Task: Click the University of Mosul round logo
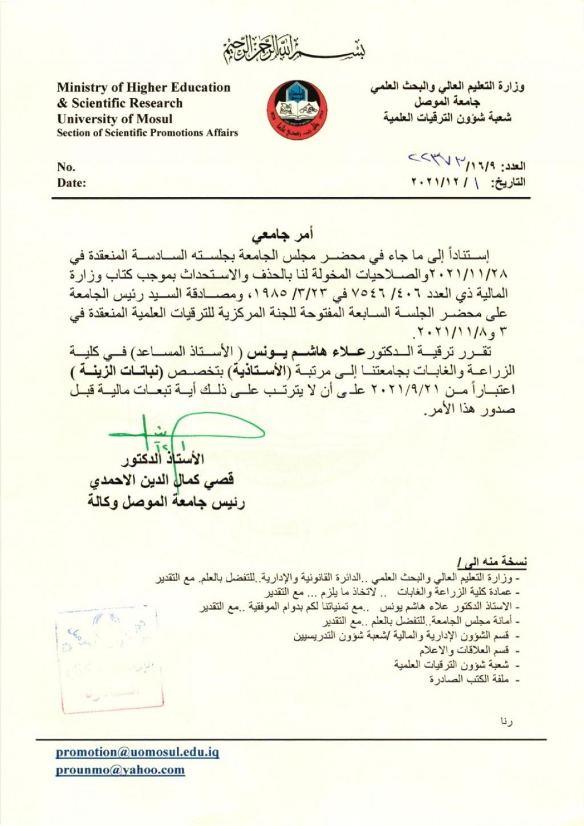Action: coord(297,111)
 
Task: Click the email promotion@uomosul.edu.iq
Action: coord(137,752)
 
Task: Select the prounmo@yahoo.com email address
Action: coord(120,770)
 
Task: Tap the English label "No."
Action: coord(66,167)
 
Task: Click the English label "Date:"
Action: coord(71,183)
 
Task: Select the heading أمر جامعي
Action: coord(284,235)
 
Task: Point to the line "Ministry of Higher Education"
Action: coord(144,88)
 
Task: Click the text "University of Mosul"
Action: coord(115,119)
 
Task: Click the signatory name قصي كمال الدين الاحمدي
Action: coord(162,481)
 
